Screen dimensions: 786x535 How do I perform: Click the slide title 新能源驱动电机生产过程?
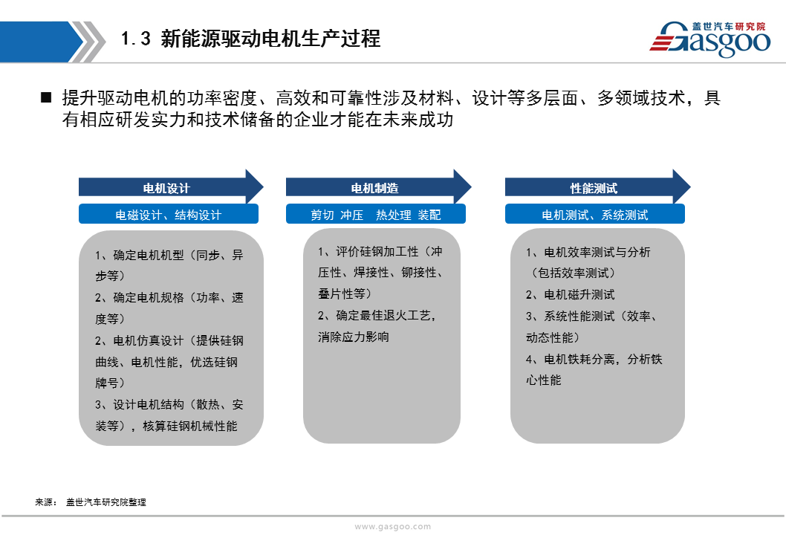[x=270, y=39]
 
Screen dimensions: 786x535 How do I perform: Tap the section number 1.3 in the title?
[x=135, y=39]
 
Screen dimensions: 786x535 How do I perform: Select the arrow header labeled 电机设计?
[x=171, y=187]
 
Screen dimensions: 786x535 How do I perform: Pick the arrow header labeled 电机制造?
[x=378, y=187]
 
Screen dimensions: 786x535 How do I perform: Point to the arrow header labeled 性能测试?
[x=597, y=187]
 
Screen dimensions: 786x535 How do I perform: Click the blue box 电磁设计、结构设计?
[x=169, y=215]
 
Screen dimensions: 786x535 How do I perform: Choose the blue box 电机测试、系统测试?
[x=594, y=215]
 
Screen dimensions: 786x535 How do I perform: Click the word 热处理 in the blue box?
[x=394, y=215]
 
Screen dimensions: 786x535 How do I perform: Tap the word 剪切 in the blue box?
[x=322, y=215]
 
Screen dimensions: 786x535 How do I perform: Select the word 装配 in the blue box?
[x=429, y=215]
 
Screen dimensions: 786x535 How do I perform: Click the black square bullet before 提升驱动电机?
[x=46, y=97]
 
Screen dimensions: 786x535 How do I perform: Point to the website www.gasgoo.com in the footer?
[x=392, y=527]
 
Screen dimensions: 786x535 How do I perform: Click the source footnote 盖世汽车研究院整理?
[x=106, y=502]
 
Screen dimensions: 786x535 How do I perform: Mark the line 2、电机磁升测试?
[x=570, y=294]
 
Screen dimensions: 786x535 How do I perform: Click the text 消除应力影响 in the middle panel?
[x=354, y=337]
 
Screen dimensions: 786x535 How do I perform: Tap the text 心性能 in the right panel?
[x=543, y=380]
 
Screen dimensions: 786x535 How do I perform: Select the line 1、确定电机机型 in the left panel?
[x=140, y=255]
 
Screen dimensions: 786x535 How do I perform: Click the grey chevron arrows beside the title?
[x=88, y=42]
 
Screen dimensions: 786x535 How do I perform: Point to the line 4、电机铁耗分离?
[x=570, y=359]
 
